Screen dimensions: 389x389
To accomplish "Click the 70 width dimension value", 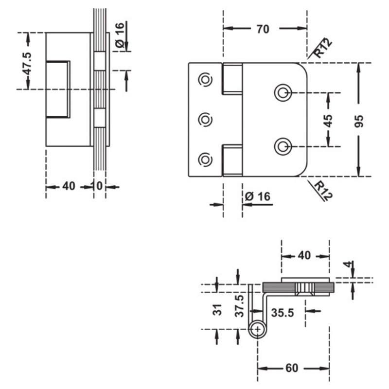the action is click(x=263, y=29).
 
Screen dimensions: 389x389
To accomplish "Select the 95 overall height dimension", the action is click(x=359, y=121).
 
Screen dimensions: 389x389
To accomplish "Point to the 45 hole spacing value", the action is click(x=328, y=121).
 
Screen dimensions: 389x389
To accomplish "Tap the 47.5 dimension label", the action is click(x=27, y=64).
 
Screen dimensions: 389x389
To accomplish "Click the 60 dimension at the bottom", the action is click(x=292, y=368).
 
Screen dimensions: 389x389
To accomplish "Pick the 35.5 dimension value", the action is click(x=283, y=313).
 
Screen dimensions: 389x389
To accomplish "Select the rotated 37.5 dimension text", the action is click(x=239, y=306).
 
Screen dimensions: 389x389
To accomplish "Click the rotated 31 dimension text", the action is click(x=217, y=310).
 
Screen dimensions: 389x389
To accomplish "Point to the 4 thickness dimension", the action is click(x=349, y=265).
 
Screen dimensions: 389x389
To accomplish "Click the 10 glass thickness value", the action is click(x=97, y=186).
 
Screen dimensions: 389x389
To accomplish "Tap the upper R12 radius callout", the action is click(x=322, y=48).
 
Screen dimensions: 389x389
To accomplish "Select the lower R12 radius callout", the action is click(x=323, y=191).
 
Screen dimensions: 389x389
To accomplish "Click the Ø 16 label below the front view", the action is click(x=258, y=196).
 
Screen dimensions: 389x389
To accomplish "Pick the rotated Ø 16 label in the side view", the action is click(x=120, y=35).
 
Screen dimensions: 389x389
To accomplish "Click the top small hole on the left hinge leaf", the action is click(x=205, y=80).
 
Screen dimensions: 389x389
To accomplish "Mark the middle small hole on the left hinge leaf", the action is click(x=205, y=120).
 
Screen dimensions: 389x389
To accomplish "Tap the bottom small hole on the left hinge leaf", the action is click(x=205, y=159).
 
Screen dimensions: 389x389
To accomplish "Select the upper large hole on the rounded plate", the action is click(x=283, y=93).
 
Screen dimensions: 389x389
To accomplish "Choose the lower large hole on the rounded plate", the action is click(x=283, y=147).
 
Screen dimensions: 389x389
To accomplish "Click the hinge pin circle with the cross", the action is click(x=257, y=329).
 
